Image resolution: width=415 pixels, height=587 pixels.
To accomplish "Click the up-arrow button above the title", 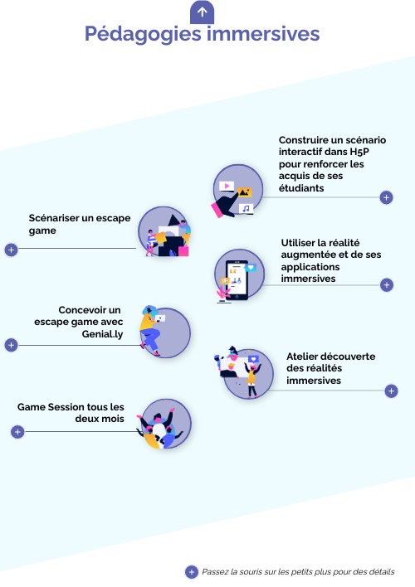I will (x=202, y=12).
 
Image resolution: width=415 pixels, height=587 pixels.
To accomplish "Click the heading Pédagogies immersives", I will (x=202, y=34).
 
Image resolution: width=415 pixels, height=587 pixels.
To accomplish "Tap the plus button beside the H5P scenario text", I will (x=386, y=197).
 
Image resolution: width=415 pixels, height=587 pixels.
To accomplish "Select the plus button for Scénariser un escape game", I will (x=11, y=249).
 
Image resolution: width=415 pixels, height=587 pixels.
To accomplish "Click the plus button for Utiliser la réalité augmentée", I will (x=386, y=285).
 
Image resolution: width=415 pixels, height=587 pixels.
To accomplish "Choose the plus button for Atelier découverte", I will (x=392, y=391).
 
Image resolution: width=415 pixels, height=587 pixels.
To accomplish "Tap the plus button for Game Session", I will (x=17, y=431).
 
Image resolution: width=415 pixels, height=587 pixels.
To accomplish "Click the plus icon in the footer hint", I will (x=191, y=571).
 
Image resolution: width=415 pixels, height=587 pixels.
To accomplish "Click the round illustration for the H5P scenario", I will (x=238, y=190).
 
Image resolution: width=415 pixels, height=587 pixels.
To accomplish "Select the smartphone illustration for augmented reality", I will (x=239, y=274).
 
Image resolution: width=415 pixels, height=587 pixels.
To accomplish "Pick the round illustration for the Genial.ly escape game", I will (x=164, y=332).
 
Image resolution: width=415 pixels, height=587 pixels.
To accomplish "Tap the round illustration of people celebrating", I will (x=165, y=425).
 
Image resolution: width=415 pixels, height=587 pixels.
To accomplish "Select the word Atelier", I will (x=304, y=356).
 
